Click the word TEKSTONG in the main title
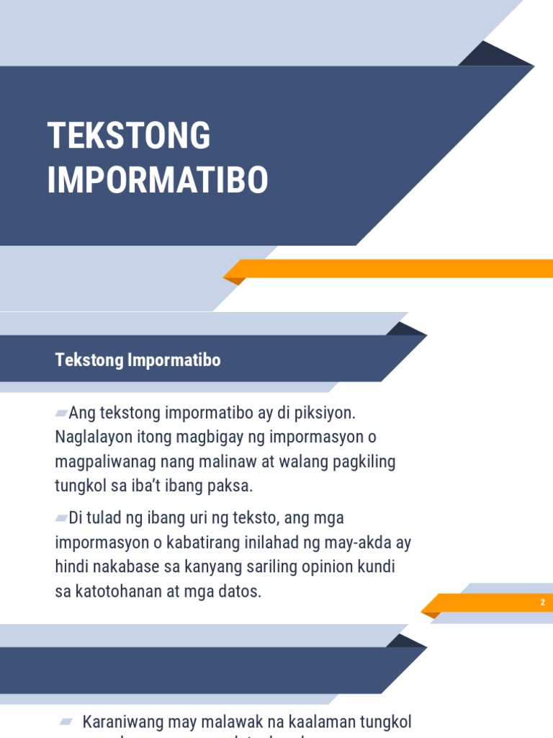tap(129, 136)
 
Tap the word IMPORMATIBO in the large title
tap(158, 180)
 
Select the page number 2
tap(542, 603)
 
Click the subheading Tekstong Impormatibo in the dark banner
tap(138, 360)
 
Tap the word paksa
tap(231, 486)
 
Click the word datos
tap(240, 592)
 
